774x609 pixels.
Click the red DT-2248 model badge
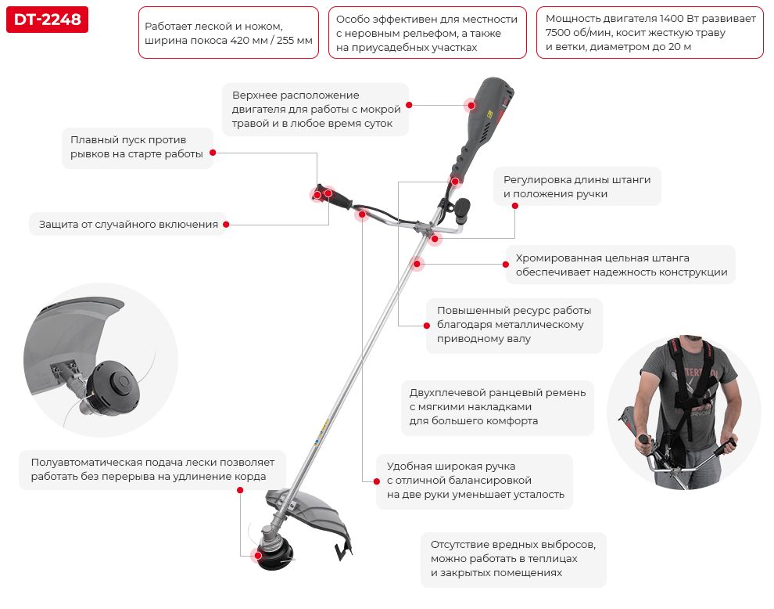48,20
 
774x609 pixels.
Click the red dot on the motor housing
471,105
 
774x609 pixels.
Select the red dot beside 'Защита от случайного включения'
226,225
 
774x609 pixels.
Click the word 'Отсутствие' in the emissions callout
459,545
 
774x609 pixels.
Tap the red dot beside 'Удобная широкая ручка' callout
377,481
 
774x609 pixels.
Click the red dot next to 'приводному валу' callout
427,326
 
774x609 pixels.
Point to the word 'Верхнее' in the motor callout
256,95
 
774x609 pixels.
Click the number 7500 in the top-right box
557,33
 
